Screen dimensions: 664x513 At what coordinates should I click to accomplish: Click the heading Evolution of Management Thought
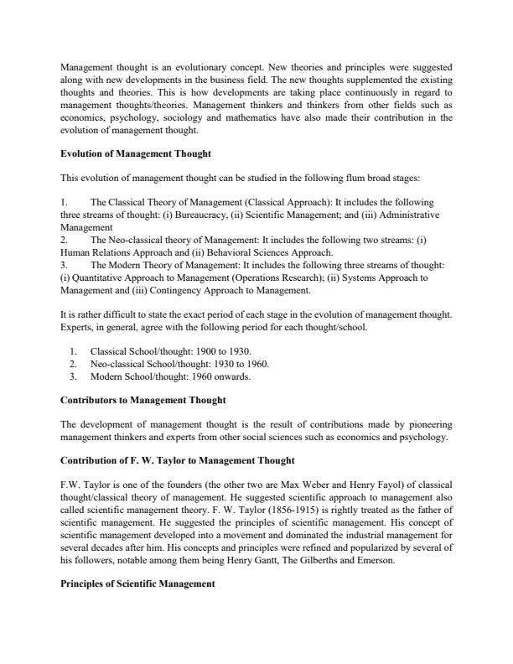point(137,153)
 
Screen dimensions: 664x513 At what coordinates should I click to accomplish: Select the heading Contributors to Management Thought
point(142,401)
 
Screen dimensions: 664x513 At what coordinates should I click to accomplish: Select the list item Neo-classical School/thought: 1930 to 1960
point(179,363)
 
